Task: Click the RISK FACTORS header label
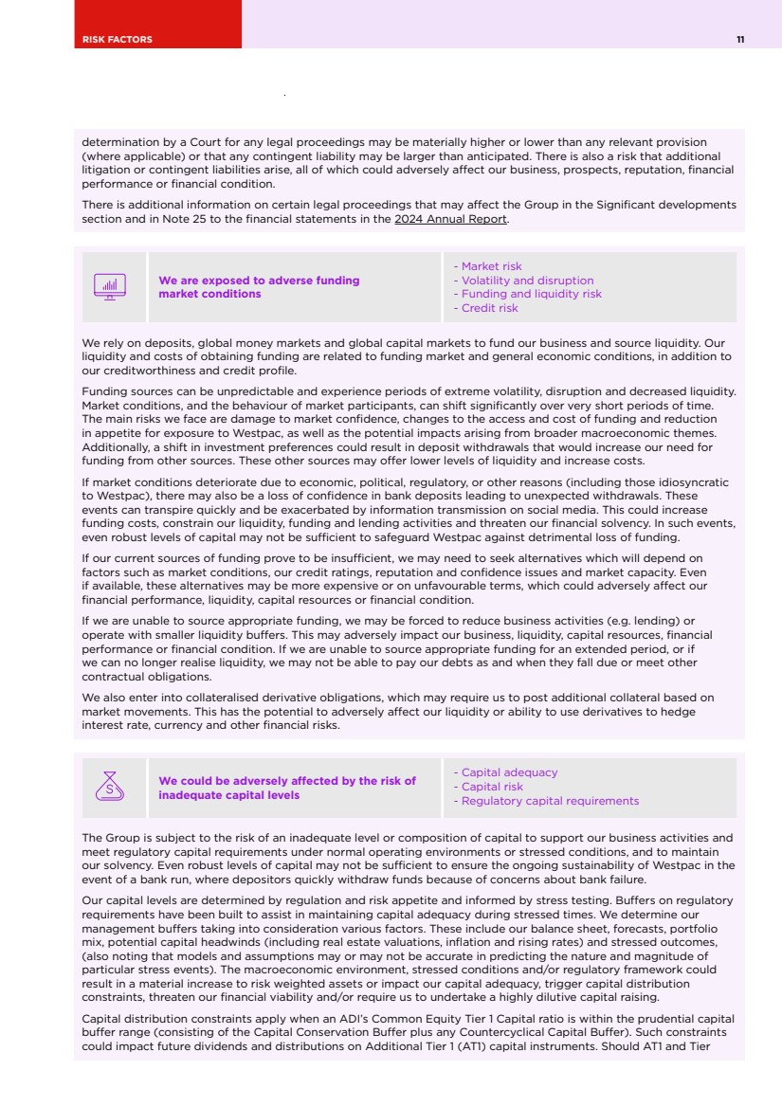pyautogui.click(x=117, y=39)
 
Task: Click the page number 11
pyautogui.click(x=739, y=39)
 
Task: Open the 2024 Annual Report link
pyautogui.click(x=451, y=219)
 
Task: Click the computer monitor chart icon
pyautogui.click(x=110, y=286)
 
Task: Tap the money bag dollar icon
pyautogui.click(x=110, y=787)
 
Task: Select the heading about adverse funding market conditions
pyautogui.click(x=259, y=286)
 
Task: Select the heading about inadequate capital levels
pyautogui.click(x=286, y=788)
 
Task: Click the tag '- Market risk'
pyautogui.click(x=487, y=266)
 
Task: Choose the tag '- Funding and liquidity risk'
pyautogui.click(x=527, y=294)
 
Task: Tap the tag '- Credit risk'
pyautogui.click(x=485, y=308)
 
